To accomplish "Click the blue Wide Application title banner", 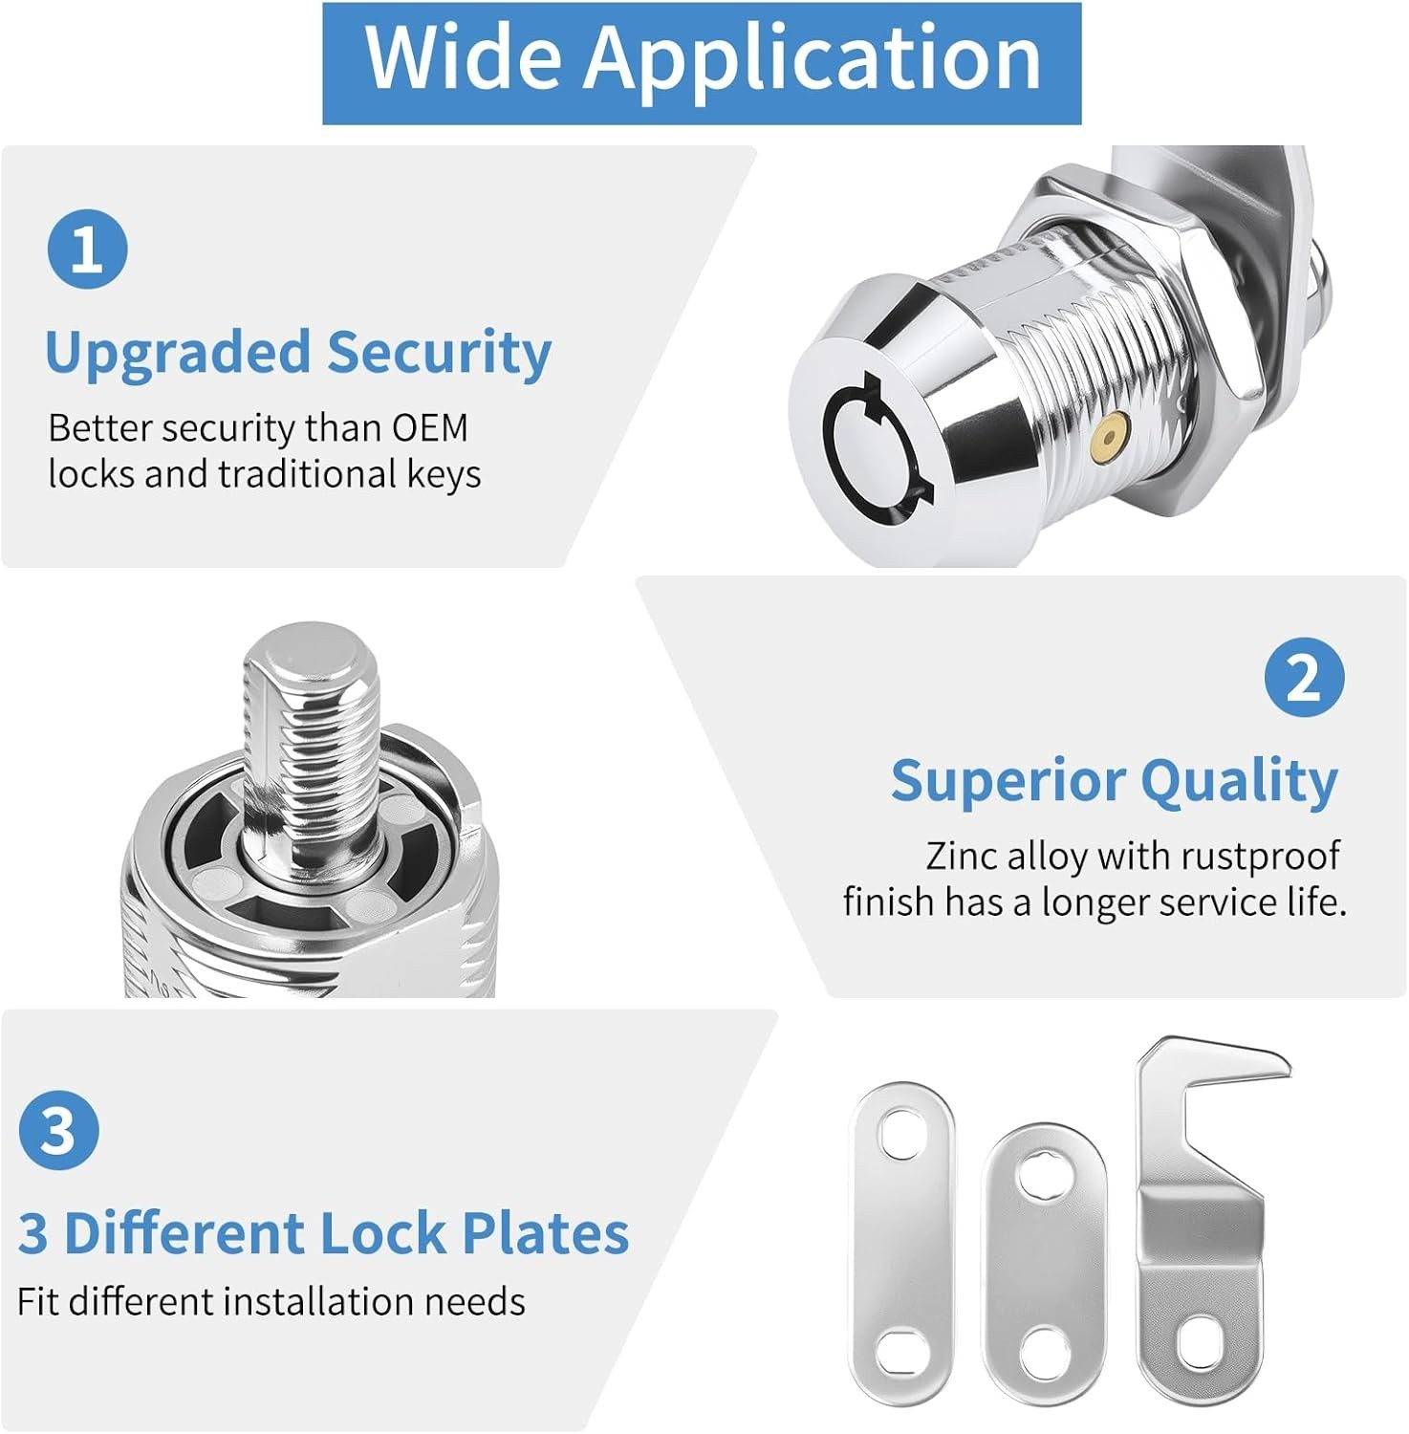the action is (702, 63).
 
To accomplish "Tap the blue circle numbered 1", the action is (87, 249).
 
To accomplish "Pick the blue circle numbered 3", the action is (58, 1129).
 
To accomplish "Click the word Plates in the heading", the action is (545, 1232).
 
